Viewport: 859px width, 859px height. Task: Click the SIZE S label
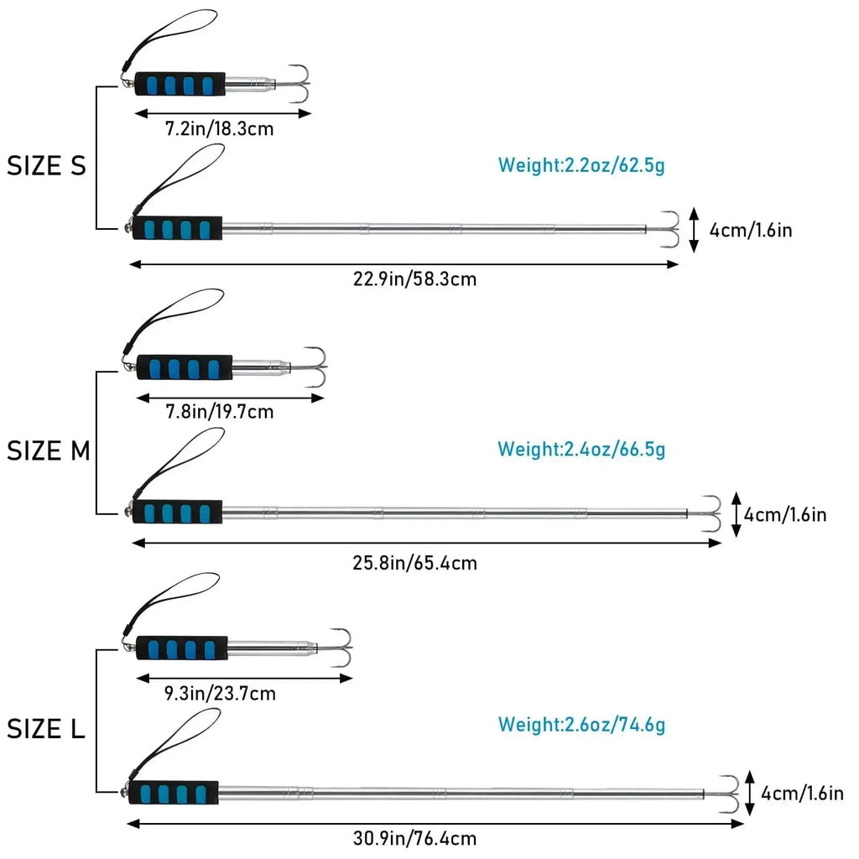pos(47,166)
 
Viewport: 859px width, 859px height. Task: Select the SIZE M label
pos(49,451)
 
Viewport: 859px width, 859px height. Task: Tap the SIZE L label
pos(47,729)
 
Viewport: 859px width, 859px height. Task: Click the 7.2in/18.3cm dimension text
pos(219,129)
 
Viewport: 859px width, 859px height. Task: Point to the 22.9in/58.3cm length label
pos(414,279)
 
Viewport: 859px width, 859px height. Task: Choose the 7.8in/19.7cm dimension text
pos(219,412)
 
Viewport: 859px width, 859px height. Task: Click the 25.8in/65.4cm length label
pos(414,562)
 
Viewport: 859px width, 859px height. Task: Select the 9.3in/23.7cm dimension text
pos(221,694)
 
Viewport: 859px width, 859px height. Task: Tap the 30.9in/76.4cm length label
pos(414,837)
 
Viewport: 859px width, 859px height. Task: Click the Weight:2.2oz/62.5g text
pos(581,165)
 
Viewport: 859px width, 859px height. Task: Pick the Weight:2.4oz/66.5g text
pos(581,449)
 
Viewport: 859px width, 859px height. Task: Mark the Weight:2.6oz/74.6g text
pos(581,724)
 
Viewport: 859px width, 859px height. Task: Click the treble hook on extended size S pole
pos(669,228)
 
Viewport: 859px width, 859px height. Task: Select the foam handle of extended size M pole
pos(178,512)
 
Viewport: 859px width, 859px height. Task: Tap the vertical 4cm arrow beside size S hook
pos(694,230)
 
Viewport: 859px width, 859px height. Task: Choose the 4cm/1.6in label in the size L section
pos(802,793)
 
